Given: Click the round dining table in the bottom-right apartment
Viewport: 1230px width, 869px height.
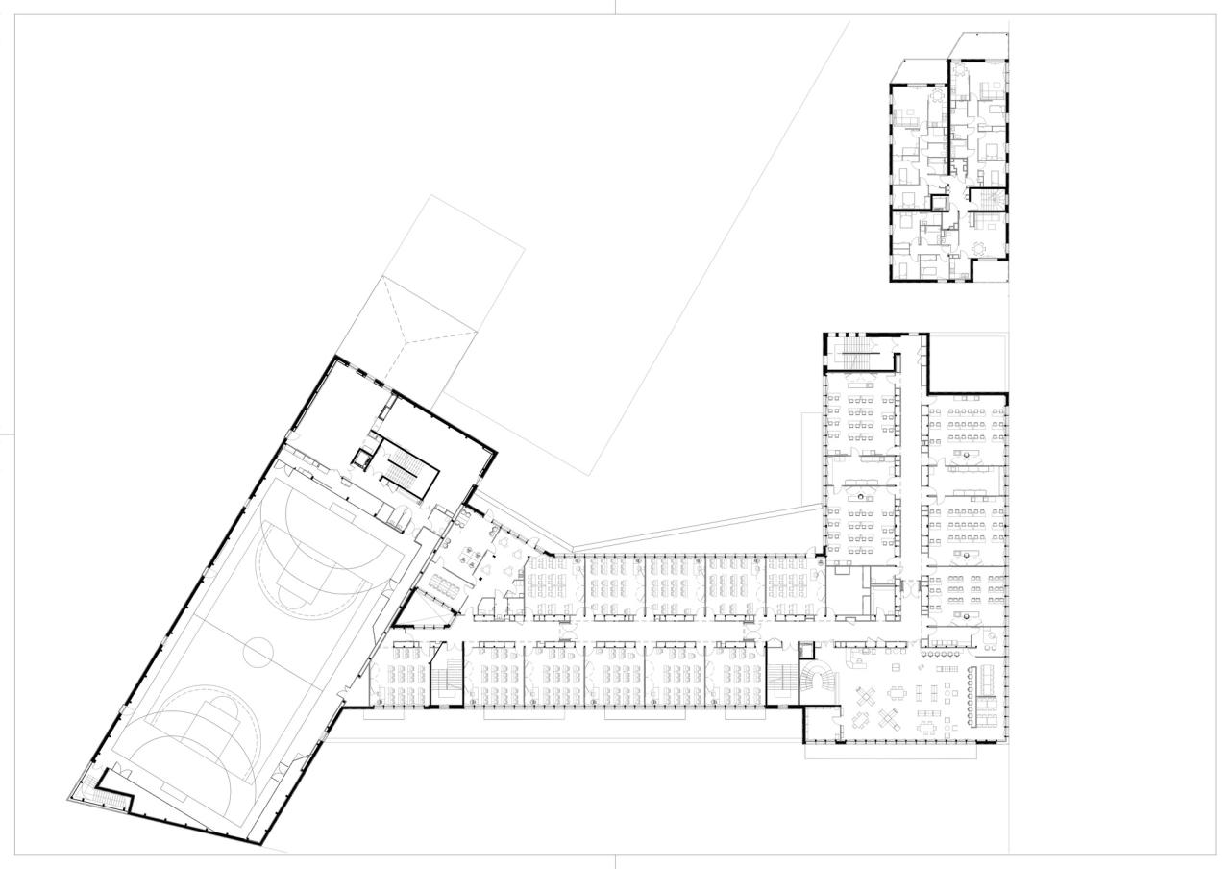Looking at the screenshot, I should click(x=979, y=248).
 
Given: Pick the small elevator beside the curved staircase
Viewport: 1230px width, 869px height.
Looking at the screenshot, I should click(x=805, y=651).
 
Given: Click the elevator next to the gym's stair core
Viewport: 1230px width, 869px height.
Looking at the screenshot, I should click(x=361, y=459).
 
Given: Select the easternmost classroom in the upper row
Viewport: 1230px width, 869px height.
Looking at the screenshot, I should click(x=792, y=585).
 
